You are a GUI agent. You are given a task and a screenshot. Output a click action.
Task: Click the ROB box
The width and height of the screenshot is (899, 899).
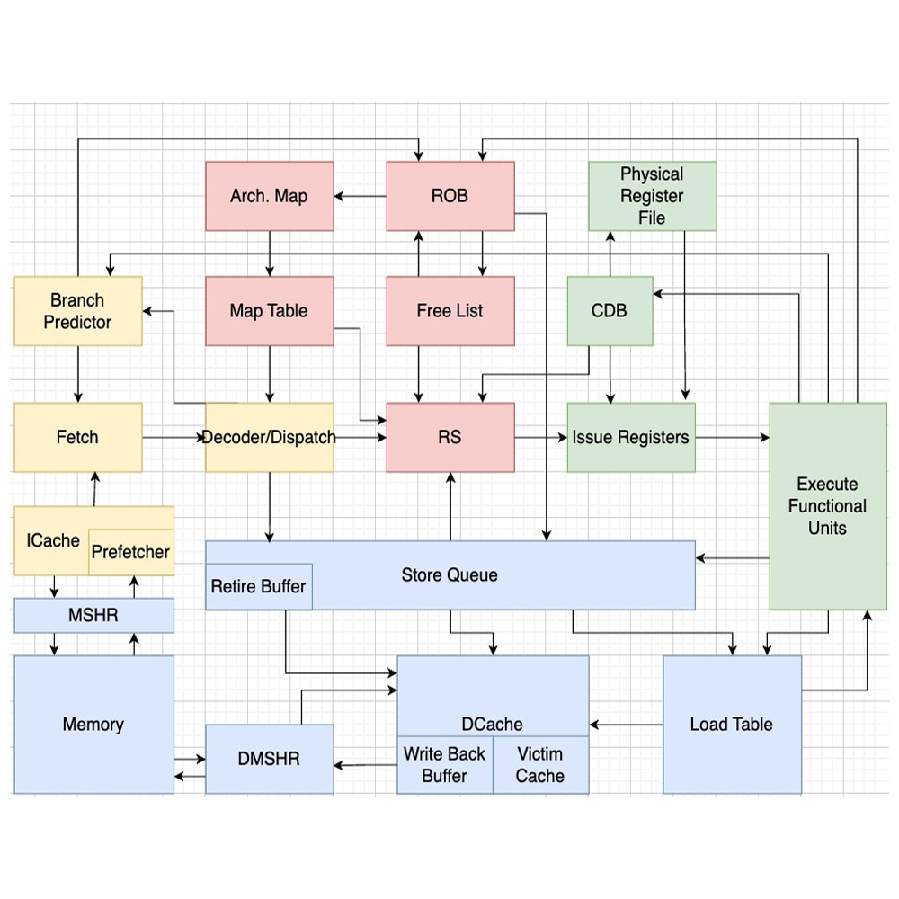449,196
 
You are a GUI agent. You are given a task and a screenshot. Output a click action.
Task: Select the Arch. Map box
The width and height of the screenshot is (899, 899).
269,196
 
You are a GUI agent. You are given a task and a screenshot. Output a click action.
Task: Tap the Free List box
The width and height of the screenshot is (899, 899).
449,311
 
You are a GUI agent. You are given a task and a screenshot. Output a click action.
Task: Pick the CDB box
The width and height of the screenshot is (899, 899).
609,311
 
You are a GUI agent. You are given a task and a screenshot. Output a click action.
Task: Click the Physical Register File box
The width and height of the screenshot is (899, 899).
652,196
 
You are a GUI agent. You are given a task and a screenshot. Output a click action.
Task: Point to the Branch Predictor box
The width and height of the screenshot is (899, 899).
77,311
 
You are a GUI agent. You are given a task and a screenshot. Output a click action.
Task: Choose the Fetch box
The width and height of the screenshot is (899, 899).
77,438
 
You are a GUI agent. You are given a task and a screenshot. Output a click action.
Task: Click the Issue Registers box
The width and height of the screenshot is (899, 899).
630,438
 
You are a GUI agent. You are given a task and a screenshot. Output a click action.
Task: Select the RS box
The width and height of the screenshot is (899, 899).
449,438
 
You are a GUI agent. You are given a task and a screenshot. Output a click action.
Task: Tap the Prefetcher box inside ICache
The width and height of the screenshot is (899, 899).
130,552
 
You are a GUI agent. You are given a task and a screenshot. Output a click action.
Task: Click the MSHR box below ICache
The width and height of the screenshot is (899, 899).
93,616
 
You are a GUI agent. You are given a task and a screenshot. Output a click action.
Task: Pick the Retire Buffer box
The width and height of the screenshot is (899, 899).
258,587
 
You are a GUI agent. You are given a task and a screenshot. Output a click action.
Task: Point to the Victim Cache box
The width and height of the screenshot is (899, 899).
540,765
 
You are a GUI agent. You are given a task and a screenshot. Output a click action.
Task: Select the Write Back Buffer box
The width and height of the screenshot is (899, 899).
444,765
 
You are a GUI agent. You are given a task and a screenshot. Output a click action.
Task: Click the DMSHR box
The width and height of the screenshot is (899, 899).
269,759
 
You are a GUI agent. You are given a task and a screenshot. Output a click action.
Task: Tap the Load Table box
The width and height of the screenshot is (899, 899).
731,725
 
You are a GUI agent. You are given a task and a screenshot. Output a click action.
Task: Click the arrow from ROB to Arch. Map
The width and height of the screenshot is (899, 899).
360,196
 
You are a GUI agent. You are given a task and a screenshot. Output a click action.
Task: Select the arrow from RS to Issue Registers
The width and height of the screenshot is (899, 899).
540,438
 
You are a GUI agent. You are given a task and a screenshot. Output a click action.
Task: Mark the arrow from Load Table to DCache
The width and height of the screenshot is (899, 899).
626,725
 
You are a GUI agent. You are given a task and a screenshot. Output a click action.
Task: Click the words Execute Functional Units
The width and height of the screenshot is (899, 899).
827,506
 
